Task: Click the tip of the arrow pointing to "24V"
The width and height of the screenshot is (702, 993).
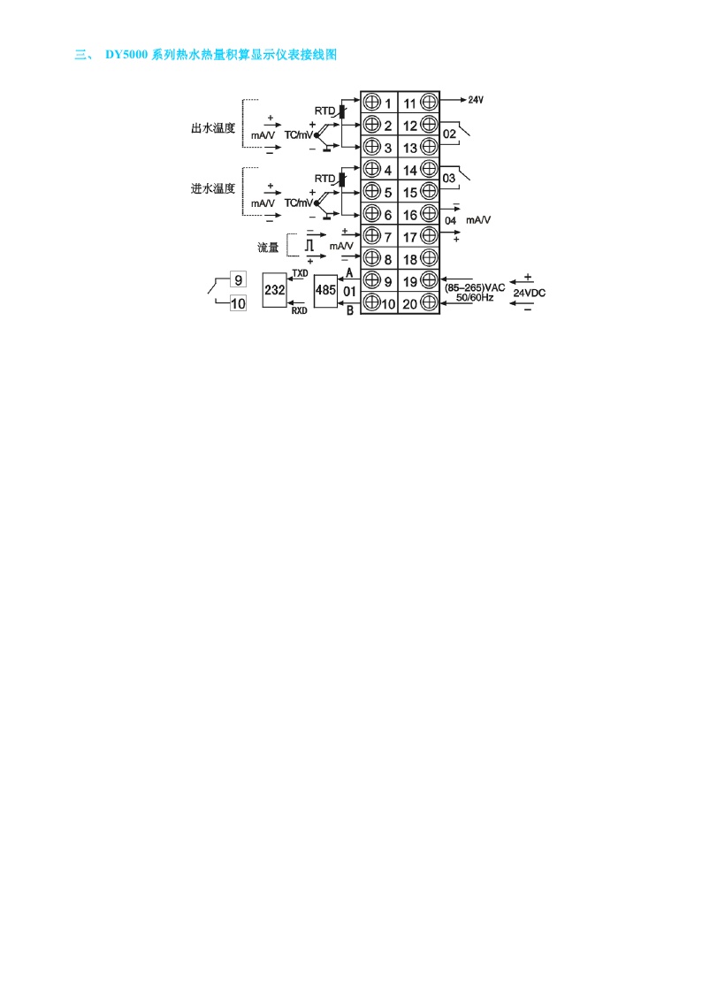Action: tap(467, 99)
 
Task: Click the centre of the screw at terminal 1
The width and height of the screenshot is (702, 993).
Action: tap(372, 102)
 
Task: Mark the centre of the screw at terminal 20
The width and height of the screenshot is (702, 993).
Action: tap(429, 302)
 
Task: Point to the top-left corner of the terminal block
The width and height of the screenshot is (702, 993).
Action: tap(361, 91)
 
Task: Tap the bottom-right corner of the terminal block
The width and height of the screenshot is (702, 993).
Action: tap(439, 314)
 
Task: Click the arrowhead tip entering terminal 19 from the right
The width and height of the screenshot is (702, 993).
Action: tap(440, 279)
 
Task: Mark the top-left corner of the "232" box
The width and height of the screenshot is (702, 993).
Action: tap(263, 276)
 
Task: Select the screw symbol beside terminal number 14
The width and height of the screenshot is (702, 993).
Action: tap(429, 169)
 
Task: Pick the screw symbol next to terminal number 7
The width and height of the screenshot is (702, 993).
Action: tap(372, 235)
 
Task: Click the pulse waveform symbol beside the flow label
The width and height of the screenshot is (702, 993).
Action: tap(309, 244)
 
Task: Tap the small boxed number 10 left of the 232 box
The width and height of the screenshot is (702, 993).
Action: tap(238, 304)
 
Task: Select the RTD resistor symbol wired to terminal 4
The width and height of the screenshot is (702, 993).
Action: tap(342, 179)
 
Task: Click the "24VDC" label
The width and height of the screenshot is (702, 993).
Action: tap(530, 293)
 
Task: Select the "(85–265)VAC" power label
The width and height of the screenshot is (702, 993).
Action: tap(475, 287)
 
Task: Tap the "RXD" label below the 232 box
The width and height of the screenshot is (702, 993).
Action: tap(300, 310)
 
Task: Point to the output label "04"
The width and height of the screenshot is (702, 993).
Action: tap(451, 220)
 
